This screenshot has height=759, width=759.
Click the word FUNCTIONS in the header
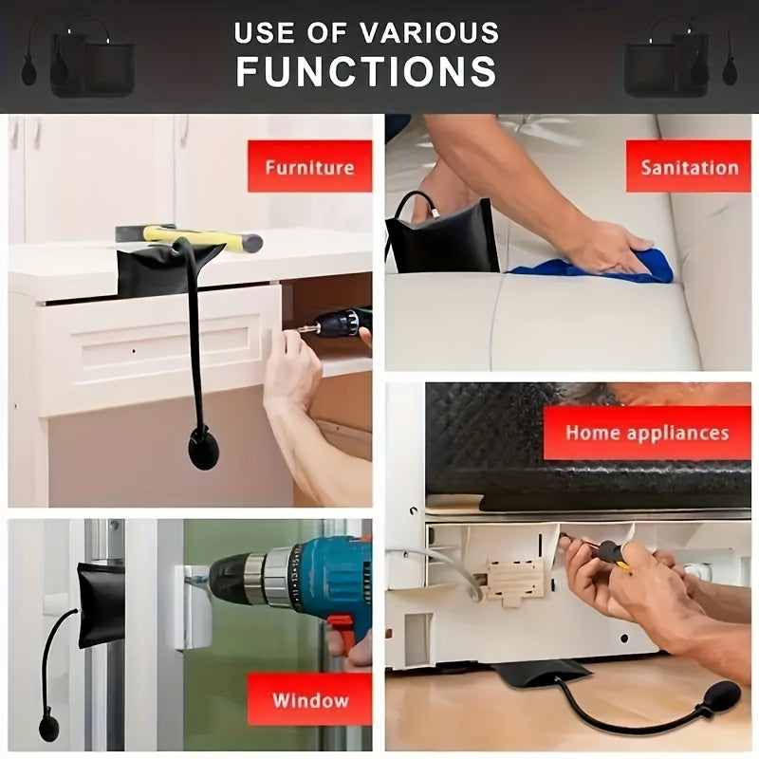366,72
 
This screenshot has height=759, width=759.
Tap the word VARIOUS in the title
430,33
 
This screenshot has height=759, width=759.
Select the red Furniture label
310,167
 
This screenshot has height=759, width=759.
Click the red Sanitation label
689,167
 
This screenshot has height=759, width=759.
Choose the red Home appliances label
647,433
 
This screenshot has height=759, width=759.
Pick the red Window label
310,699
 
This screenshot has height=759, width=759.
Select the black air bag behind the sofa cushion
443,237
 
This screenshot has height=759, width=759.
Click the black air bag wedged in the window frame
101,604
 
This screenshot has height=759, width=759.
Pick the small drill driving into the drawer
335,324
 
